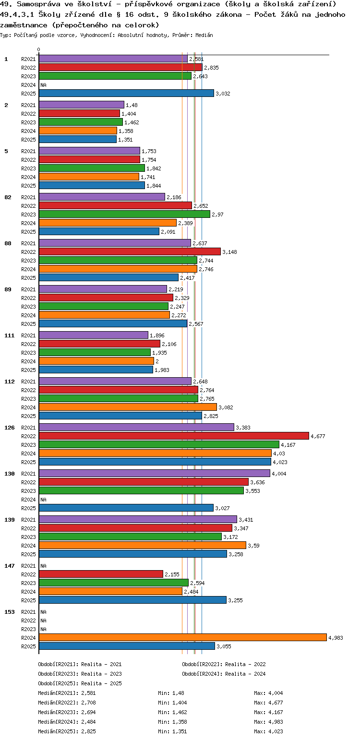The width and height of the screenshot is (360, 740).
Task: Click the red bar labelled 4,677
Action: point(174,436)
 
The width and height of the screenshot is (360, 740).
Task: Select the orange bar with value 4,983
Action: point(182,637)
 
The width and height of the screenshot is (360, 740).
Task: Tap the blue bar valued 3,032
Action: point(126,93)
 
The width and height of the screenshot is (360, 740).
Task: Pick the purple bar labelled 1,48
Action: point(81,105)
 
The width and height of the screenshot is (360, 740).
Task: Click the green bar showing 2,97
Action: point(124,214)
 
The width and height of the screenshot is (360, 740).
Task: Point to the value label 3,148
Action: point(229,252)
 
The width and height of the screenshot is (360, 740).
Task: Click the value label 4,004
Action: point(279,474)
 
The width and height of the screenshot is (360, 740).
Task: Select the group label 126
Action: point(10,427)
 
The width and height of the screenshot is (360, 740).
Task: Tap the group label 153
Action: point(10,611)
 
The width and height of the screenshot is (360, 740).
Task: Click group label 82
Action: point(8,197)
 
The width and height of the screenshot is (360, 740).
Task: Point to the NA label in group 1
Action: point(43,85)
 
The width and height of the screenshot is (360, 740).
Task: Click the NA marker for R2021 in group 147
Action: point(43,566)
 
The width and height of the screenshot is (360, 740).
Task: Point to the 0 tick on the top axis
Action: point(39,50)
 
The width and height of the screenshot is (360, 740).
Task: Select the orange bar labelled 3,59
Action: point(142,545)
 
